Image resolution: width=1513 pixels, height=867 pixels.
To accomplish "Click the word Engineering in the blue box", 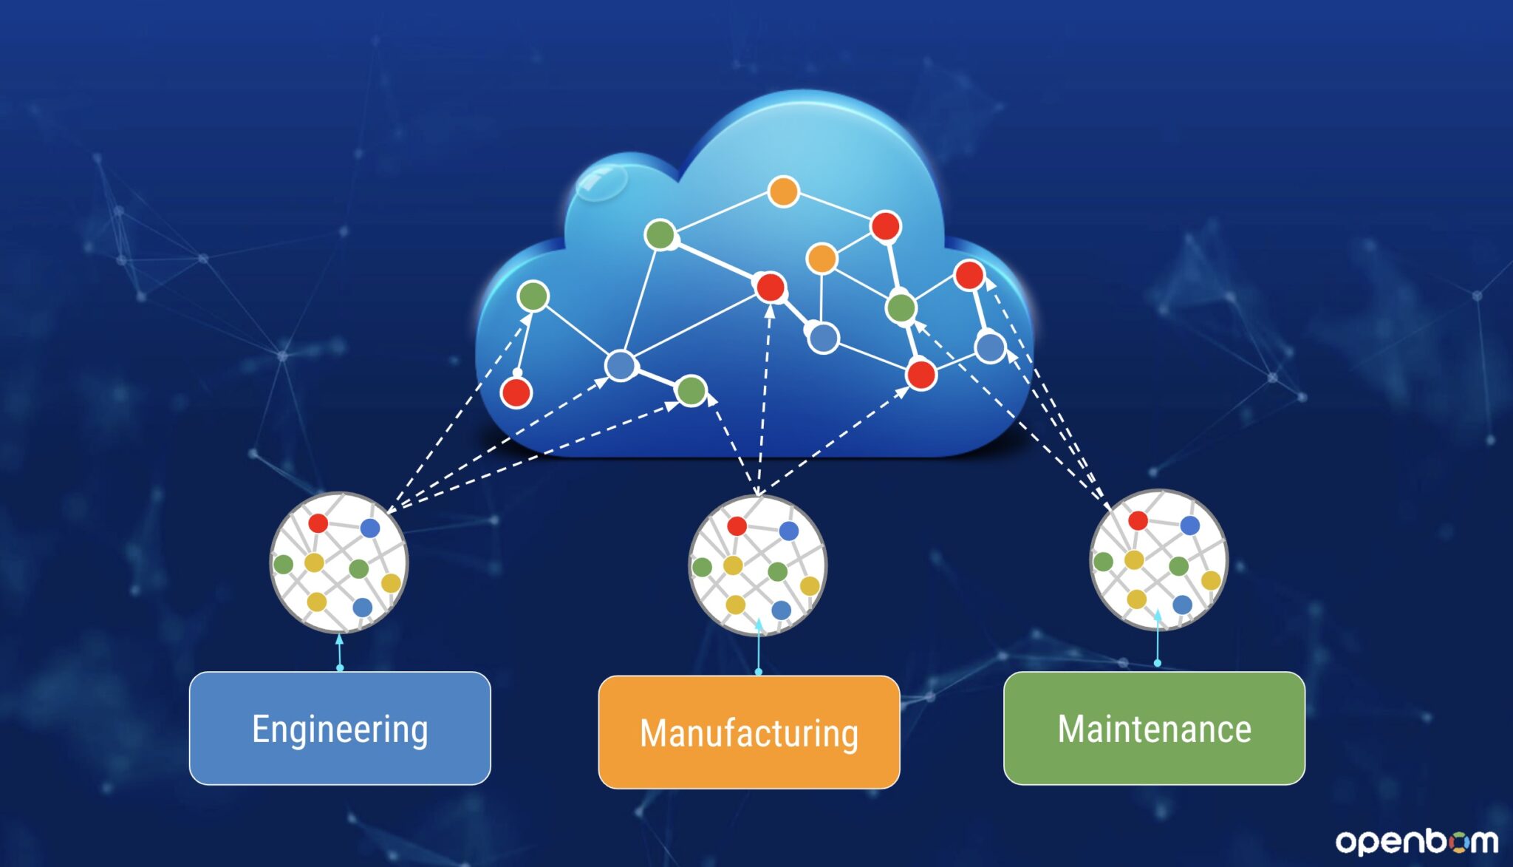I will pyautogui.click(x=340, y=730).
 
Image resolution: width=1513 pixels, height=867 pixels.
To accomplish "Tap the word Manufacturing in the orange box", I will pyautogui.click(x=748, y=733).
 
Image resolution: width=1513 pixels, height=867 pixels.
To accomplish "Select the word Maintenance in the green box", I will pyautogui.click(x=1154, y=729).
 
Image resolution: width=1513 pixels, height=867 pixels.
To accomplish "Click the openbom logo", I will pyautogui.click(x=1416, y=841).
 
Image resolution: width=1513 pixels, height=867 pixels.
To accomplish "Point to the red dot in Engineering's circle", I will pyautogui.click(x=318, y=523).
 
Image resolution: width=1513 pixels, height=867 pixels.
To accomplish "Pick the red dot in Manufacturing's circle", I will pyautogui.click(x=737, y=526).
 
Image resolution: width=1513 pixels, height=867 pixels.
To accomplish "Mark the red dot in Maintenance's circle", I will pyautogui.click(x=1138, y=520).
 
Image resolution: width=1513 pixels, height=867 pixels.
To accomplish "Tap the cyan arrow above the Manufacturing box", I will pyautogui.click(x=759, y=647).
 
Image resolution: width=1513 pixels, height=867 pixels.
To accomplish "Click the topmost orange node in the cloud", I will pyautogui.click(x=783, y=191).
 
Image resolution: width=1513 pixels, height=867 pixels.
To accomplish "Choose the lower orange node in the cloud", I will pyautogui.click(x=822, y=259).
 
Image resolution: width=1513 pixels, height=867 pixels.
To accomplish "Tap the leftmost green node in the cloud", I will pyautogui.click(x=533, y=296).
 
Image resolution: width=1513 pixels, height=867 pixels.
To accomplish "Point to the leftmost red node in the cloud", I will pyautogui.click(x=516, y=392).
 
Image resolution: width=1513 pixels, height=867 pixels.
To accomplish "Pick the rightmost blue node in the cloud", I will pyautogui.click(x=990, y=347).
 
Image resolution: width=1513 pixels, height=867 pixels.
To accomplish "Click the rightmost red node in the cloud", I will pyautogui.click(x=969, y=275).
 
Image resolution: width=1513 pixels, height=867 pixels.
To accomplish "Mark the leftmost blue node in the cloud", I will pyautogui.click(x=621, y=365).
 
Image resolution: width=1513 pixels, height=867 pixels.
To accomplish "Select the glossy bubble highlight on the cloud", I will pyautogui.click(x=601, y=180).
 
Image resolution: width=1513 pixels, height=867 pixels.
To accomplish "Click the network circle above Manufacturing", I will pyautogui.click(x=757, y=566).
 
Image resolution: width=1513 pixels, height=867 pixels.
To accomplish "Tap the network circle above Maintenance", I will pyautogui.click(x=1158, y=560).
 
